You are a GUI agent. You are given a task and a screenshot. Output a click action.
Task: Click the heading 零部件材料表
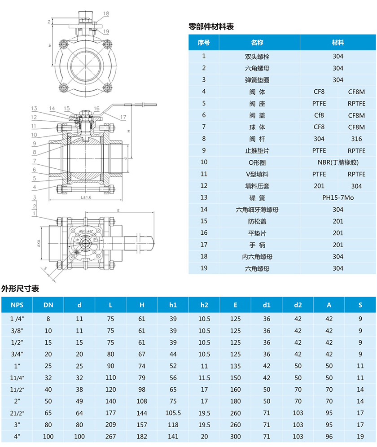click(211, 27)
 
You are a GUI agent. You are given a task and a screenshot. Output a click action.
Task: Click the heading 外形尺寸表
click(20, 289)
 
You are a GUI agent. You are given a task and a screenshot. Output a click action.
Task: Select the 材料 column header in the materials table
click(338, 43)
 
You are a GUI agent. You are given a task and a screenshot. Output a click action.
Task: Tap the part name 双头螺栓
click(257, 57)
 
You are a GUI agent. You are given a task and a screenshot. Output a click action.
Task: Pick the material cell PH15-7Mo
click(338, 197)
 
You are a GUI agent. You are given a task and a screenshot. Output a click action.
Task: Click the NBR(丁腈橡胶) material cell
click(338, 162)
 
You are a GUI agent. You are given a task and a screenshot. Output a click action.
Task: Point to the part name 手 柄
click(257, 245)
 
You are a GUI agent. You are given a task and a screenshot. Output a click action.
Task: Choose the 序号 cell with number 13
click(204, 197)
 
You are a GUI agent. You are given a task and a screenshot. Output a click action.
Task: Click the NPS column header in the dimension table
click(17, 305)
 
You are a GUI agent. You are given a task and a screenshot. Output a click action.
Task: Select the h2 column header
click(204, 305)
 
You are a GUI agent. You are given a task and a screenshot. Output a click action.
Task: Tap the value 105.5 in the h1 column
click(173, 413)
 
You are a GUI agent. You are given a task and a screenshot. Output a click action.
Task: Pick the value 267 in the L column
click(110, 436)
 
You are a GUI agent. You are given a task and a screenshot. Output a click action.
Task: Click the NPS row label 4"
click(17, 436)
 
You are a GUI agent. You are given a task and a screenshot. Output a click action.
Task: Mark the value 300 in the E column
click(235, 436)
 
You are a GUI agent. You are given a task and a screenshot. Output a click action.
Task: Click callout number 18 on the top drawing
click(106, 13)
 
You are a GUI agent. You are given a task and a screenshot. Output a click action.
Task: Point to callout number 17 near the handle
click(123, 118)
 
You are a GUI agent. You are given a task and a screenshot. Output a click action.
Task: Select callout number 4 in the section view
click(34, 187)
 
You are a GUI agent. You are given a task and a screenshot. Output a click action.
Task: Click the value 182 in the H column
click(142, 436)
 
